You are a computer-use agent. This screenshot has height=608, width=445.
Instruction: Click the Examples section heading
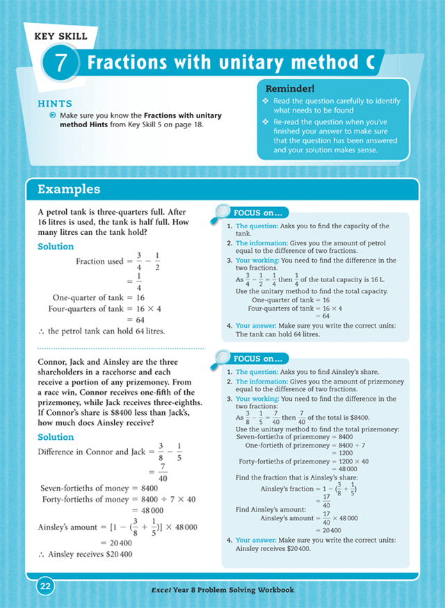tap(69, 189)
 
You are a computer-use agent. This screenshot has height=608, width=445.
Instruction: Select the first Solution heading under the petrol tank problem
tap(56, 247)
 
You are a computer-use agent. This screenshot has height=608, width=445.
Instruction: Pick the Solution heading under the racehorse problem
tap(56, 437)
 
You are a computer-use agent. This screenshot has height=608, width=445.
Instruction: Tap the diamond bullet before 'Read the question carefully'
tap(266, 101)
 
